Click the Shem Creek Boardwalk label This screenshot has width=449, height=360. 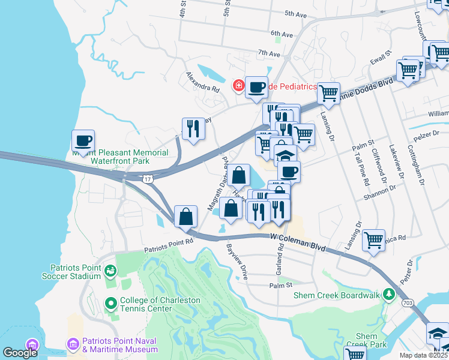click(337, 295)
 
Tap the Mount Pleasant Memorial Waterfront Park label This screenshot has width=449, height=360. click(121, 157)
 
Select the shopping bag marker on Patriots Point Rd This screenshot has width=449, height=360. click(186, 215)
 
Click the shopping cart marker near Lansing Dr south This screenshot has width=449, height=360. click(373, 240)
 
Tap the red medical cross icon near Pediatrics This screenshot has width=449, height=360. click(239, 86)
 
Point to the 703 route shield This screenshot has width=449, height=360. click(407, 304)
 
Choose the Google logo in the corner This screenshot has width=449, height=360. click(20, 352)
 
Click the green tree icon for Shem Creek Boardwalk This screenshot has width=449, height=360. click(389, 294)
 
